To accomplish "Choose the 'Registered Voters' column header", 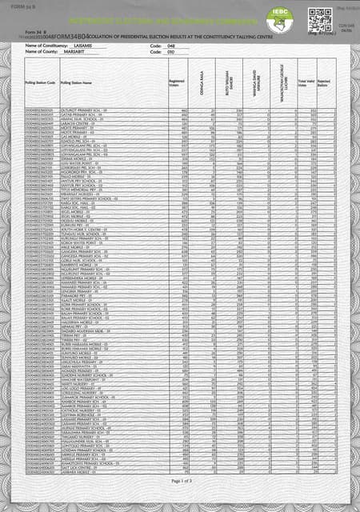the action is coord(178,82).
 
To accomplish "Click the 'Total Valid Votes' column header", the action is coord(306,82).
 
